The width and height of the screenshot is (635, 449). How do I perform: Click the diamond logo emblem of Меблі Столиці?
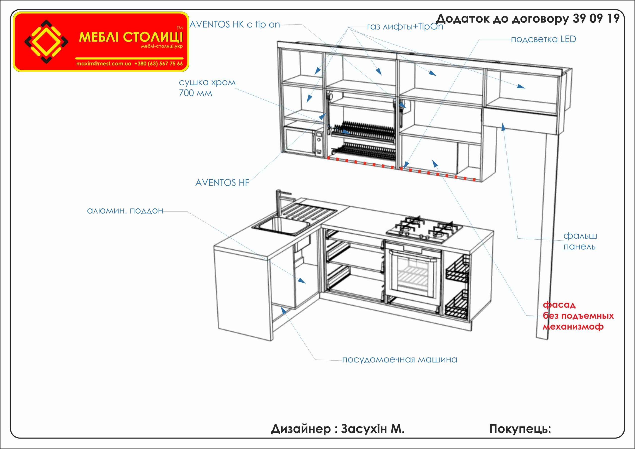pyautogui.click(x=46, y=41)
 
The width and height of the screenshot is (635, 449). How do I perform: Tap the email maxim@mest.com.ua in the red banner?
pyautogui.click(x=104, y=64)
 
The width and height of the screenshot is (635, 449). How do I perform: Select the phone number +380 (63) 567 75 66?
pyautogui.click(x=159, y=64)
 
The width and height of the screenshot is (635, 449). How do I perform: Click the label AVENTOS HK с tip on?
pyautogui.click(x=235, y=25)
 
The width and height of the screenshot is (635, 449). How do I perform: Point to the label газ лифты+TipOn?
pyautogui.click(x=405, y=27)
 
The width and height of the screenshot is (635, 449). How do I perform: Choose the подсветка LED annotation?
pyautogui.click(x=543, y=39)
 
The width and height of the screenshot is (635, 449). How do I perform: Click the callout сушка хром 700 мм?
pyautogui.click(x=207, y=87)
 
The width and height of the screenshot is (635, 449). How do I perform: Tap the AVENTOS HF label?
pyautogui.click(x=222, y=183)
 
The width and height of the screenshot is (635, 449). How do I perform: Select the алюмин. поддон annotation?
pyautogui.click(x=125, y=211)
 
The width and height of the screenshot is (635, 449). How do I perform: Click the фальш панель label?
pyautogui.click(x=580, y=241)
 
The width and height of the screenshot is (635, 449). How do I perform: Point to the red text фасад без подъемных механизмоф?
pyautogui.click(x=578, y=315)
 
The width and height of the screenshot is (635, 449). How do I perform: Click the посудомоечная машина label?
pyautogui.click(x=400, y=360)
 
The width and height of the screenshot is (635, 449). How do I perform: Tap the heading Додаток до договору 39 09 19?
pyautogui.click(x=527, y=19)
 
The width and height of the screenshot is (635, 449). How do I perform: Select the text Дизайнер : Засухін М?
pyautogui.click(x=337, y=429)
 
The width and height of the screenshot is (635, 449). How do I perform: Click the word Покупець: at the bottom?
pyautogui.click(x=520, y=429)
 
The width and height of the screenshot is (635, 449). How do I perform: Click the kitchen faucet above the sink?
pyautogui.click(x=280, y=203)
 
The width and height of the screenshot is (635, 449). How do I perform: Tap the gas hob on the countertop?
pyautogui.click(x=424, y=229)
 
